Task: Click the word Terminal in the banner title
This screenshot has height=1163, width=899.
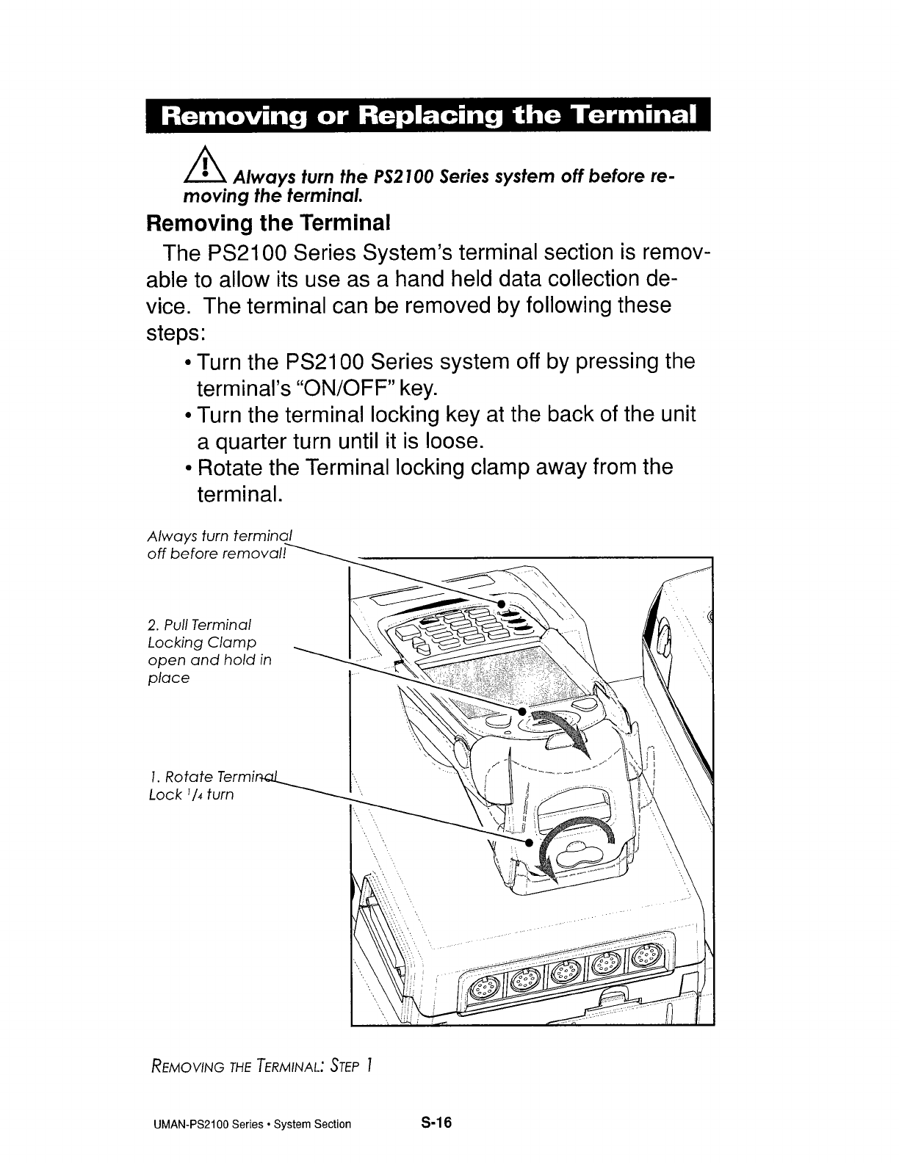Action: [633, 116]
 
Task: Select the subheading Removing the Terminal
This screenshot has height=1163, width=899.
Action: [268, 221]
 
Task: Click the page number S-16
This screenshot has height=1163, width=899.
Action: [436, 1123]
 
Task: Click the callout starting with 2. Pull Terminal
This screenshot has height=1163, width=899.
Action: [209, 651]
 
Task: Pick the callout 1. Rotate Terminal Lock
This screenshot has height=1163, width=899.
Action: [210, 785]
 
